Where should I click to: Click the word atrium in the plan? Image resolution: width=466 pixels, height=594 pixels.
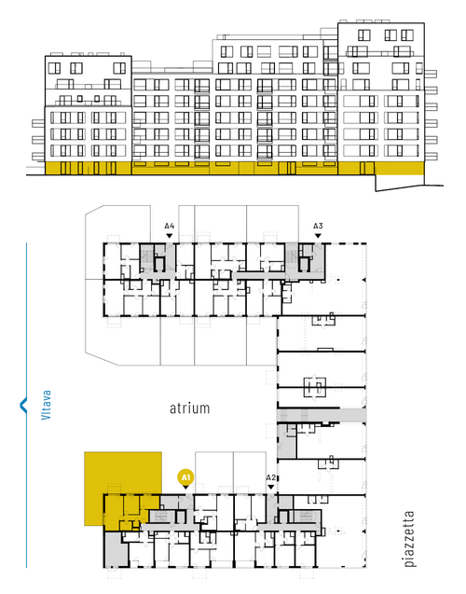(189, 408)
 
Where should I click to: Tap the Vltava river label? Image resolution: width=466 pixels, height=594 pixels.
(46, 405)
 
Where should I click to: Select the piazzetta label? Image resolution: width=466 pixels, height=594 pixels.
(409, 539)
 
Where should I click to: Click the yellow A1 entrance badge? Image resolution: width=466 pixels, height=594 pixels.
(185, 477)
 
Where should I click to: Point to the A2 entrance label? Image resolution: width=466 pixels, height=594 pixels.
(270, 477)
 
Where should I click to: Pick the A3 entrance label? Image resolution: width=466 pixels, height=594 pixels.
(318, 226)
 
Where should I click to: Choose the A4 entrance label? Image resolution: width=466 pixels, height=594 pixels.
(170, 226)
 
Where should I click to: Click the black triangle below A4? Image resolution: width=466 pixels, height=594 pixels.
(170, 236)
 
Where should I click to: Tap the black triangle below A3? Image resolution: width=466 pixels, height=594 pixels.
(318, 236)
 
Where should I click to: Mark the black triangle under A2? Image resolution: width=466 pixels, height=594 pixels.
(270, 487)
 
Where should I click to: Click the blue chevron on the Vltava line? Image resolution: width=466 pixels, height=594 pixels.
(23, 405)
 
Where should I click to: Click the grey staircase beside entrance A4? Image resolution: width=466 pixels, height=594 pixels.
(146, 257)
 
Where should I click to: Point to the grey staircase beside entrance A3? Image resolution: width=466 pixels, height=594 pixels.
(292, 257)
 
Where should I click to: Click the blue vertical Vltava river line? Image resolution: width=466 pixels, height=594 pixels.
(26, 405)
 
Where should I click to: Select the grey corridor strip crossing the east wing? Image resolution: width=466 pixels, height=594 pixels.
(322, 415)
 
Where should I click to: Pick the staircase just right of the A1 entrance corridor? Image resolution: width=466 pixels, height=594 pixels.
(160, 517)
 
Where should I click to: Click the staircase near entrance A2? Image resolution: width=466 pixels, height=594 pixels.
(305, 516)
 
